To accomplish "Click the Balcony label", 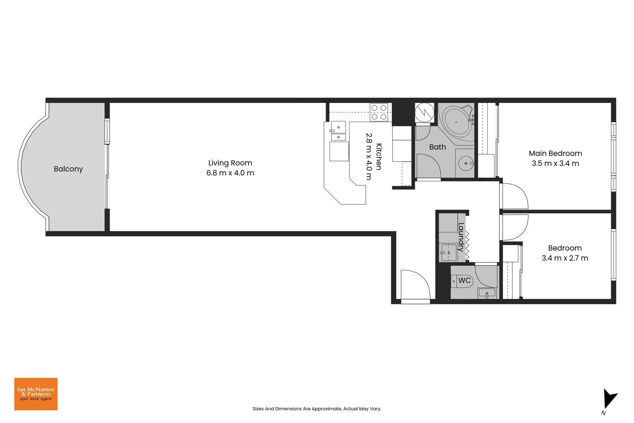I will [x=68, y=169].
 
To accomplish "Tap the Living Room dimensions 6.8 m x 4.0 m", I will [x=230, y=173].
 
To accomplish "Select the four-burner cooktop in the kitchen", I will [x=379, y=112].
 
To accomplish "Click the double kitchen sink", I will [x=339, y=132].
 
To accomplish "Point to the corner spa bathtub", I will [x=457, y=122].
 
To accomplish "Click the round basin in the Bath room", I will [x=466, y=163].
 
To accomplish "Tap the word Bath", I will [x=437, y=147].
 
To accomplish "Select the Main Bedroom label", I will [x=555, y=153].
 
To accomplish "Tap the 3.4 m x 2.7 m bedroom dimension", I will [x=564, y=258].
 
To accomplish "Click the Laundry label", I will [x=461, y=237].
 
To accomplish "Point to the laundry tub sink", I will [x=448, y=253].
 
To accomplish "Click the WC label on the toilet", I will [x=464, y=280].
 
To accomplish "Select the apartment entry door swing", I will [x=415, y=285].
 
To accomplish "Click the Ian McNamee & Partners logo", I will [x=36, y=394].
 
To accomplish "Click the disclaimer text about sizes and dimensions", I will [x=317, y=409].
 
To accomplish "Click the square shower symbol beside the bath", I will [x=425, y=112].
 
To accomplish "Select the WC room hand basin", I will [x=487, y=293].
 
